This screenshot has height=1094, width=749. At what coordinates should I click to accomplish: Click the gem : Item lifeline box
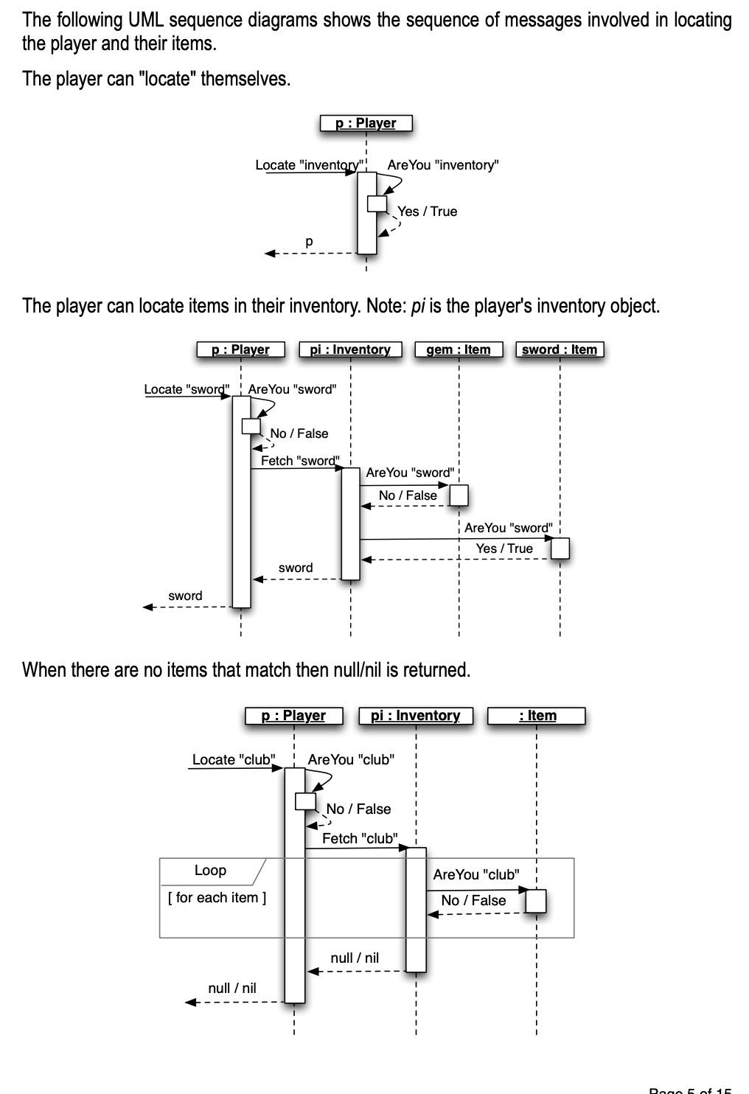pyautogui.click(x=458, y=349)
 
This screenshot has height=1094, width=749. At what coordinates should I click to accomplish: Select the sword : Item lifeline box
pyautogui.click(x=560, y=349)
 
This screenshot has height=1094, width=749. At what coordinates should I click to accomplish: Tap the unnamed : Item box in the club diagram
pyautogui.click(x=537, y=716)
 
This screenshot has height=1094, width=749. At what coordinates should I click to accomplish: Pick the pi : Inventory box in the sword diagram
pyautogui.click(x=350, y=349)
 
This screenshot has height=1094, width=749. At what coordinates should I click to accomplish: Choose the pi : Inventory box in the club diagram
pyautogui.click(x=415, y=716)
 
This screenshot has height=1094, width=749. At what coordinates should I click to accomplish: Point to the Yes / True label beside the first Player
pyautogui.click(x=428, y=212)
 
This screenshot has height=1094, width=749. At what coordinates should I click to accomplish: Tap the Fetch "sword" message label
pyautogui.click(x=299, y=461)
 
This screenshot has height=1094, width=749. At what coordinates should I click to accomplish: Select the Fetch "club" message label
pyautogui.click(x=360, y=838)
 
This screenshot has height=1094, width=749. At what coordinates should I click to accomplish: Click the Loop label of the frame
pyautogui.click(x=210, y=871)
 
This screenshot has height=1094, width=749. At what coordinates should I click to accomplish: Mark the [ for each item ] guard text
pyautogui.click(x=217, y=898)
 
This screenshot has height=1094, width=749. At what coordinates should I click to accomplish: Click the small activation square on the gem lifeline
pyautogui.click(x=459, y=495)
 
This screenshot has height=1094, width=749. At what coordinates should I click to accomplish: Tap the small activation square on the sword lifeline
pyautogui.click(x=560, y=548)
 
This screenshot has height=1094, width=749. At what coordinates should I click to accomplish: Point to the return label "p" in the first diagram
pyautogui.click(x=309, y=241)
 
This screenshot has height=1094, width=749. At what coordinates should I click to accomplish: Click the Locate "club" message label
pyautogui.click(x=234, y=759)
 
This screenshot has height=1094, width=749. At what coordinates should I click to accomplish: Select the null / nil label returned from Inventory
pyautogui.click(x=355, y=958)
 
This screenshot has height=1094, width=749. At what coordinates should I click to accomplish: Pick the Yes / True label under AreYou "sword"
pyautogui.click(x=504, y=548)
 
